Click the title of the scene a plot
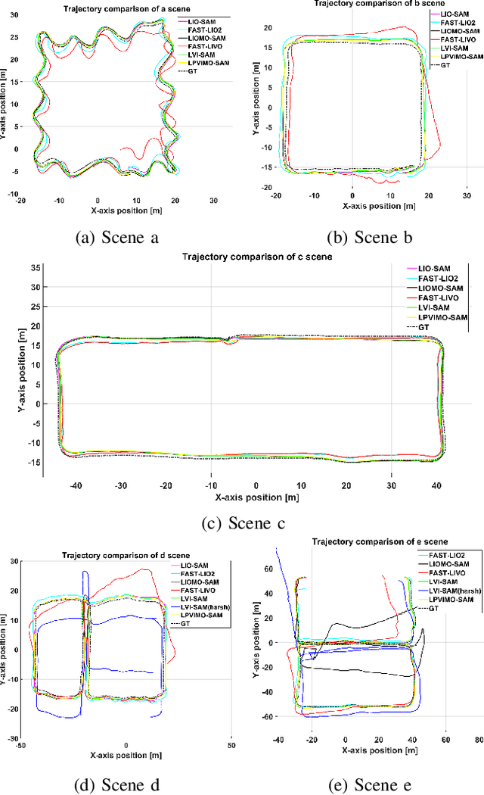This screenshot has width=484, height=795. pos(98,8)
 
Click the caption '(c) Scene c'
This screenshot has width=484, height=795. pos(241,522)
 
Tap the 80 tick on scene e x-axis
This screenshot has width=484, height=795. pos(479,738)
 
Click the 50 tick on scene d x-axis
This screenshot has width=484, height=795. pos(231,746)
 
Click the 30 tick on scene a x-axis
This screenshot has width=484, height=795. pos(213,201)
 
